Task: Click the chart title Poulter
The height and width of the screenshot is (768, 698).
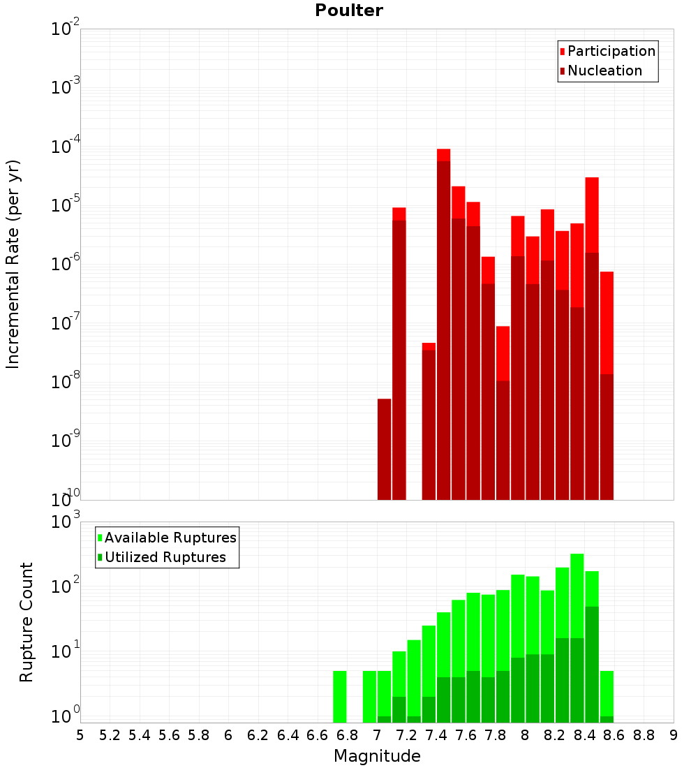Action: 348,10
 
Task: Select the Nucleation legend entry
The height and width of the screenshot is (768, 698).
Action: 604,71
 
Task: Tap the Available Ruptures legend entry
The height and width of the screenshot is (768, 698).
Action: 170,538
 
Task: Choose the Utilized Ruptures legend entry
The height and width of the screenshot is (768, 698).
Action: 165,557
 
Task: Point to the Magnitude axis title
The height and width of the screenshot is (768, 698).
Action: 377,756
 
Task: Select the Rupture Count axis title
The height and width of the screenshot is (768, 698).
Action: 27,621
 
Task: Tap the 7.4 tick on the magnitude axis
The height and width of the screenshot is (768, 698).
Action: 436,735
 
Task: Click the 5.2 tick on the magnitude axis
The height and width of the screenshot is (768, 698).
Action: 110,735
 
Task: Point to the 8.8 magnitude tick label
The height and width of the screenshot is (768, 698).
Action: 644,735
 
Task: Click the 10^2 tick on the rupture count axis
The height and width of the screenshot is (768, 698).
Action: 66,586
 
